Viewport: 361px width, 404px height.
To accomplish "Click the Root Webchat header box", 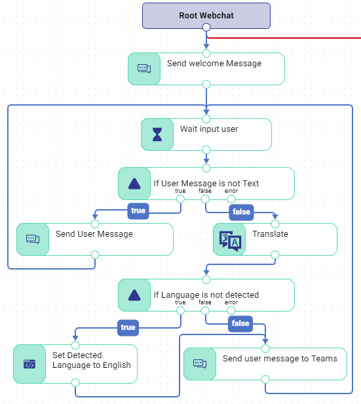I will (x=206, y=15).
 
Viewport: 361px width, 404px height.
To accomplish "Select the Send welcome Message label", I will (x=214, y=64).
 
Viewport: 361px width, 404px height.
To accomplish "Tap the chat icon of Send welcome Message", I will (x=143, y=69).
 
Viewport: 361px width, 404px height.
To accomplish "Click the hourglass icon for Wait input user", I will (x=157, y=134).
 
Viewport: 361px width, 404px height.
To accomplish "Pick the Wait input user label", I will (x=209, y=129).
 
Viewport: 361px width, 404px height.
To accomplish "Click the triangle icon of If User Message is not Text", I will (x=134, y=184).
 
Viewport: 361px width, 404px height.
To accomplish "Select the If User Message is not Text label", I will (x=206, y=184).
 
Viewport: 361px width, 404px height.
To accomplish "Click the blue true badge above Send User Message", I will (x=138, y=211).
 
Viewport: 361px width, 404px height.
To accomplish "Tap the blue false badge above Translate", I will (x=241, y=212).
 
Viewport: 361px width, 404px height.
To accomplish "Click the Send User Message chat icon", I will (x=33, y=239).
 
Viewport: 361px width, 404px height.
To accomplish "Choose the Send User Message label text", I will (x=94, y=234).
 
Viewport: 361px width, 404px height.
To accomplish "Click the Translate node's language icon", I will (x=229, y=239).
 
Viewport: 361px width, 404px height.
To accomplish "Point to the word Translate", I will (x=270, y=234).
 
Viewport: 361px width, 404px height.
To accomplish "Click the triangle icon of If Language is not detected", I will (x=134, y=295).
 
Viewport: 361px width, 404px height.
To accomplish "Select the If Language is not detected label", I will (x=206, y=295).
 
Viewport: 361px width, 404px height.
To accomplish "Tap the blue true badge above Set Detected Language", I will (x=128, y=327).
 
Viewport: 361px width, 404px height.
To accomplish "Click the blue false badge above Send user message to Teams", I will (x=240, y=323).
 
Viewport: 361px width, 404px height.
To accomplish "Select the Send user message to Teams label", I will (x=280, y=359).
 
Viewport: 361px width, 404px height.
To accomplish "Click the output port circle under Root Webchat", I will (x=206, y=27).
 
